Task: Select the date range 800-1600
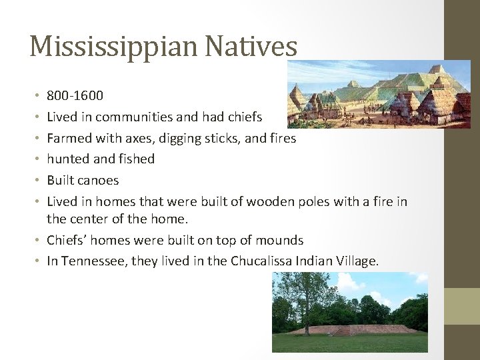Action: [75, 96]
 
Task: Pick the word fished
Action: [136, 159]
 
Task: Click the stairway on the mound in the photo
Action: [341, 330]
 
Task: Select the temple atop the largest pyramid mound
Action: [437, 69]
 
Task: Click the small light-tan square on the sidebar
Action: [462, 306]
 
